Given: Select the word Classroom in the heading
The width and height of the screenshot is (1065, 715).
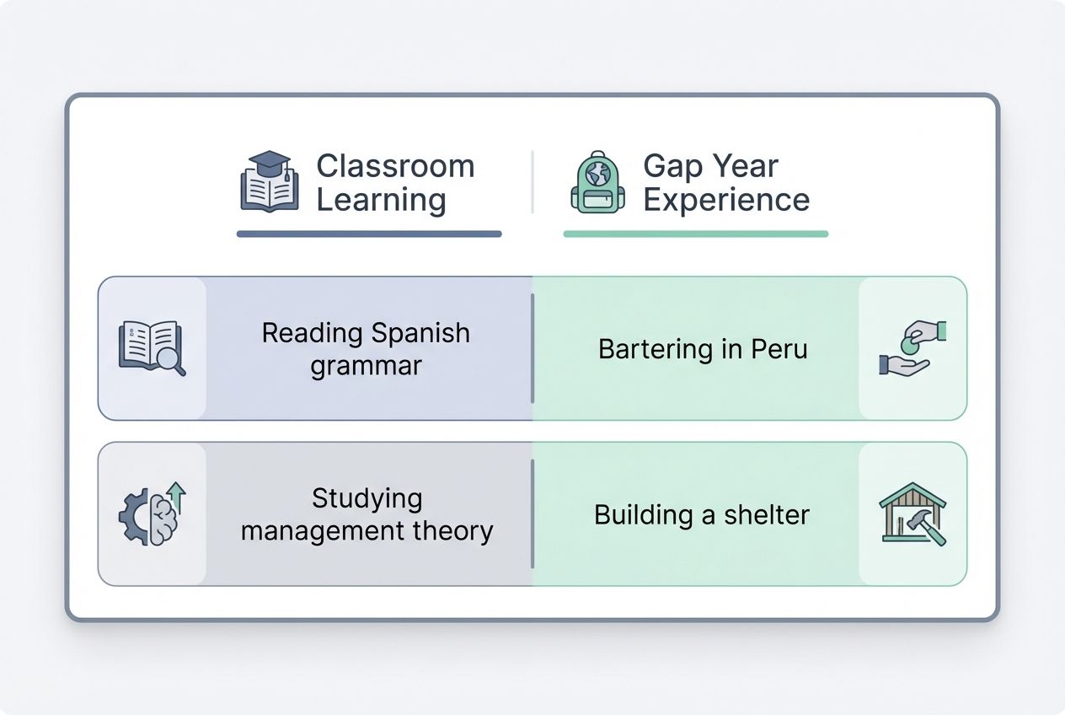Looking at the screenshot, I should point(395,166).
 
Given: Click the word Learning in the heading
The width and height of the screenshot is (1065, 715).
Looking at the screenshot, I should point(381,201).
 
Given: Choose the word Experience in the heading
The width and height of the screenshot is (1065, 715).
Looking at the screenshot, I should point(725,201).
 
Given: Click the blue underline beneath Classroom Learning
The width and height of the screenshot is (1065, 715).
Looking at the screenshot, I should point(369,234).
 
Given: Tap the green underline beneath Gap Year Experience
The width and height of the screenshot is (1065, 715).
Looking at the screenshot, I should point(695,234).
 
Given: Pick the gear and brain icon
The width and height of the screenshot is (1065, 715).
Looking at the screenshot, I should point(152,513).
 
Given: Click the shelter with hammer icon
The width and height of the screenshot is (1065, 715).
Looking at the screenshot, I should point(912,513).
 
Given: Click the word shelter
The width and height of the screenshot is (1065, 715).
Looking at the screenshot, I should point(768,514).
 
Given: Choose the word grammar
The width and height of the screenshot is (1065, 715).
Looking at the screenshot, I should point(366,366).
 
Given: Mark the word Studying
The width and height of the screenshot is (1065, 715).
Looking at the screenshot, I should point(367,497).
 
